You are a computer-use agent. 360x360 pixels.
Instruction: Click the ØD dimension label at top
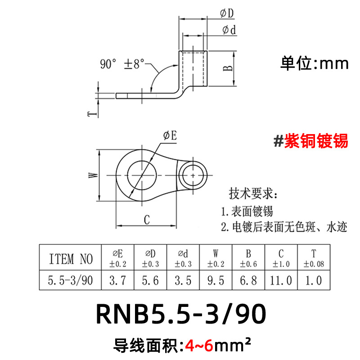227,14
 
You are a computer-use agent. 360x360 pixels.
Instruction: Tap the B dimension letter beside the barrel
228,68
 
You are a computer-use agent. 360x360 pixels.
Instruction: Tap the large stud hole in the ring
142,174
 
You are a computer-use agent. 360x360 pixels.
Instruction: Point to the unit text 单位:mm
315,63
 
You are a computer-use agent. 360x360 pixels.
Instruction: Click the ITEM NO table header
71,259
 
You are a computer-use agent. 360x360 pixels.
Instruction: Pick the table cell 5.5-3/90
71,281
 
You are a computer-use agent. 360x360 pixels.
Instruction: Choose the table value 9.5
216,281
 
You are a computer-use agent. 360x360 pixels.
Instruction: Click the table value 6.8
248,281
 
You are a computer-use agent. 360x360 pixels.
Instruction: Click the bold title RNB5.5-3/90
180,315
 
